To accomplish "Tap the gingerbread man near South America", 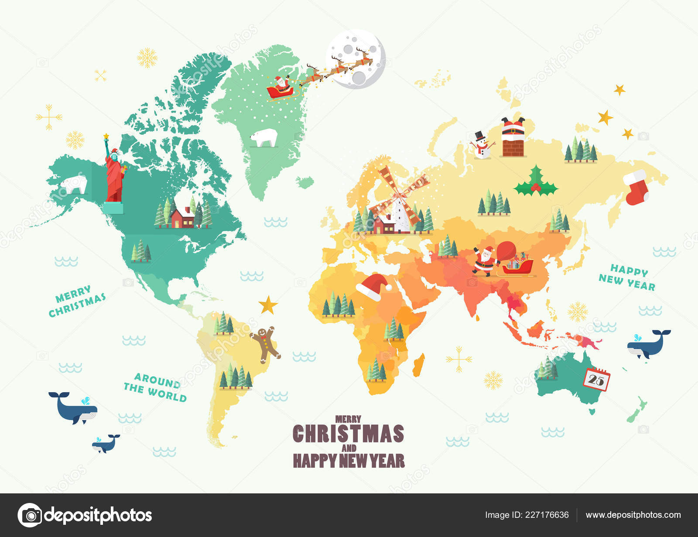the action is pyautogui.click(x=265, y=344).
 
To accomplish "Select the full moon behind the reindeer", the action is pyautogui.click(x=356, y=59).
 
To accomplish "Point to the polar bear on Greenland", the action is pyautogui.click(x=264, y=137).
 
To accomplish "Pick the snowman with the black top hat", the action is pyautogui.click(x=482, y=145).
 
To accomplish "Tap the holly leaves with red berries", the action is pyautogui.click(x=536, y=182).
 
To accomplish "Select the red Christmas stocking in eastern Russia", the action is pyautogui.click(x=636, y=187).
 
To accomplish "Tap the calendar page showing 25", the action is pyautogui.click(x=596, y=379).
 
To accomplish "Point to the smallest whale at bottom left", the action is pyautogui.click(x=105, y=443).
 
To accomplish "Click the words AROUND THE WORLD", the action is pyautogui.click(x=155, y=387).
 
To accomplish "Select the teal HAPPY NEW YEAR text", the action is pyautogui.click(x=627, y=277).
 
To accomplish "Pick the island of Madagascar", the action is pyautogui.click(x=418, y=365).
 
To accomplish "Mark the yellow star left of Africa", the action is pyautogui.click(x=268, y=305).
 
